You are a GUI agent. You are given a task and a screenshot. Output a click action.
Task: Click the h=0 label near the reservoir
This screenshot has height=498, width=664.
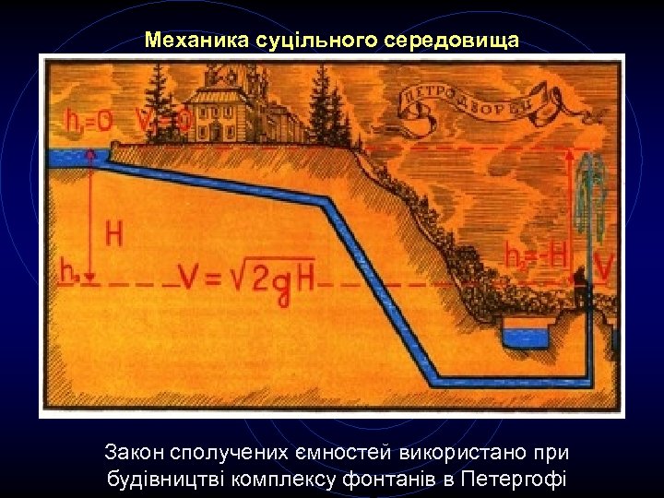click(89, 121)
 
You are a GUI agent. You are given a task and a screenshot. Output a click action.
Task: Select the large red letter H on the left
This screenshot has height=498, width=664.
click(113, 234)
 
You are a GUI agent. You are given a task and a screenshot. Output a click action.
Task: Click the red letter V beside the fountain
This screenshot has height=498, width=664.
click(605, 268)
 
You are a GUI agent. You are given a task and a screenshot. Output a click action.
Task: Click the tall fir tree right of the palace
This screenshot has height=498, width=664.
click(327, 106)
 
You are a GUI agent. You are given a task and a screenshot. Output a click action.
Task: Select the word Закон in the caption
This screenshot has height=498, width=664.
click(135, 453)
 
